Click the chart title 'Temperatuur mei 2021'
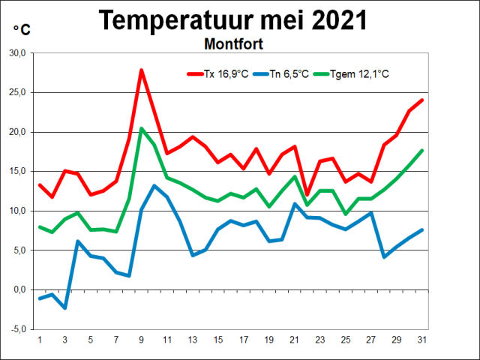[x=233, y=19]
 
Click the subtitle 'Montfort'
[x=233, y=44]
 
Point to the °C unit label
[x=22, y=29]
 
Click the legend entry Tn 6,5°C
[x=288, y=73]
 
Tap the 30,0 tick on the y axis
[x=17, y=53]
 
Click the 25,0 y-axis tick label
[x=17, y=93]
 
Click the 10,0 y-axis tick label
[x=17, y=211]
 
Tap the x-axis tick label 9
[x=141, y=340]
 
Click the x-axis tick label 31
[x=421, y=340]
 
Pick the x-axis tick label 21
[x=294, y=340]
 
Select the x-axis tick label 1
[x=39, y=340]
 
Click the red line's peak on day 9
[x=141, y=70]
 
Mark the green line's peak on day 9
[x=141, y=128]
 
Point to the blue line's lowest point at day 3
[x=64, y=307]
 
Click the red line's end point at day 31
[x=422, y=100]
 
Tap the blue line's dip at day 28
[x=384, y=256]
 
